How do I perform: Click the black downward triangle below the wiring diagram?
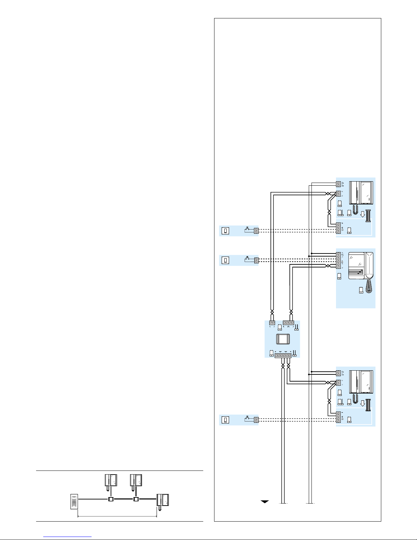[265, 502]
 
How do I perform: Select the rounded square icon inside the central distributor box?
[282, 340]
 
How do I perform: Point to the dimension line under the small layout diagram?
[117, 516]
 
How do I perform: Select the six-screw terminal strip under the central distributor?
[283, 356]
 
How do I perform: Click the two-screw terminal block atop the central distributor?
[272, 322]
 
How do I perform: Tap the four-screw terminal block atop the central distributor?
[288, 322]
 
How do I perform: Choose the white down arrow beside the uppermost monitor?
[362, 214]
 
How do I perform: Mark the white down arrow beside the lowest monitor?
[362, 403]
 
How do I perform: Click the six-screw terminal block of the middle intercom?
[338, 260]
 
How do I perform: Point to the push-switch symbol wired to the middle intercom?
[247, 259]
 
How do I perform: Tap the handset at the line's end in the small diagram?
[163, 501]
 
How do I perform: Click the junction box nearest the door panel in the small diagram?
[110, 499]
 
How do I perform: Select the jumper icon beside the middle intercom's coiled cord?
[361, 290]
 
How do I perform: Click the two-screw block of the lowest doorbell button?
[256, 420]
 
